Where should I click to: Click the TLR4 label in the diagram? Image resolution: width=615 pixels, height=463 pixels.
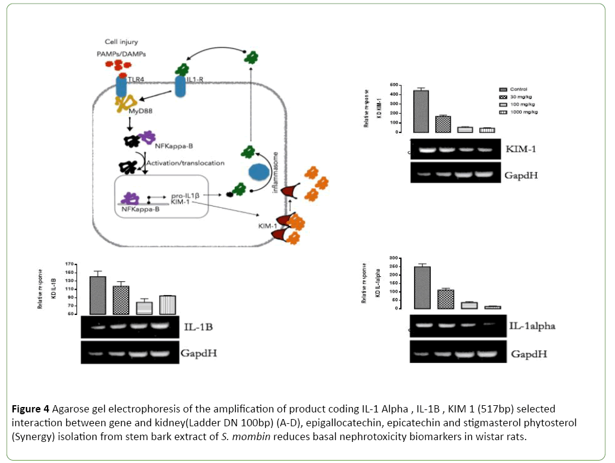point(136,78)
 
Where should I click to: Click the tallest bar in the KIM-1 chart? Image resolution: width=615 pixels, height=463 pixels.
point(425,111)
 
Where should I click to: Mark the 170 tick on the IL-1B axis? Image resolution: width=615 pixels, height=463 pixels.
point(70,264)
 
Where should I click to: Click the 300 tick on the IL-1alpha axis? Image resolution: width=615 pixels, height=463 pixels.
point(394,258)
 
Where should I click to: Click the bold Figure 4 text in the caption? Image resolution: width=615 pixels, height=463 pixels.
point(31,408)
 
